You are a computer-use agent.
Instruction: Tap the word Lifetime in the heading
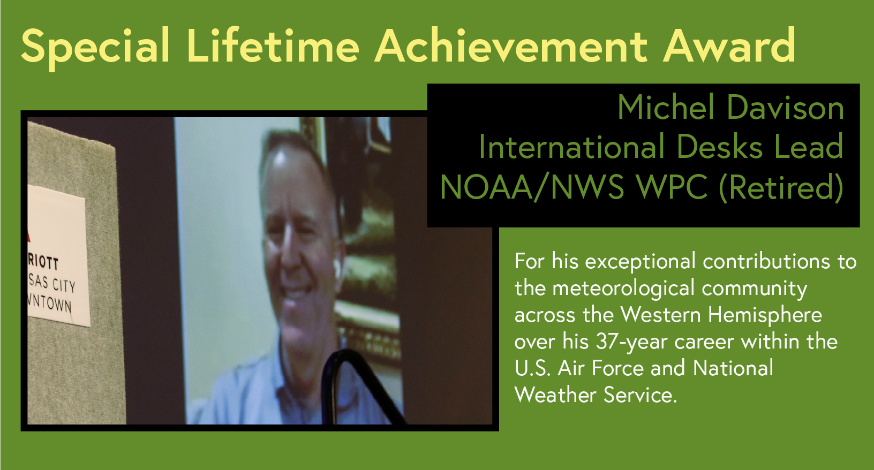click(x=273, y=46)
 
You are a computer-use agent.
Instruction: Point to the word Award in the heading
click(x=729, y=46)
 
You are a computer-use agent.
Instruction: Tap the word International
click(x=571, y=147)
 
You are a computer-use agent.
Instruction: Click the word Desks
click(x=719, y=147)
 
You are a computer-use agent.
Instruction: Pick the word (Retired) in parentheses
click(x=781, y=187)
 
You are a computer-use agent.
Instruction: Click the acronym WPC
click(x=672, y=187)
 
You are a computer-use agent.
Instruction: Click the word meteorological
click(x=623, y=289)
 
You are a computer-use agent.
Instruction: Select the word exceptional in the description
click(x=641, y=262)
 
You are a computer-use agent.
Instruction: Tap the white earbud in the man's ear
click(x=336, y=269)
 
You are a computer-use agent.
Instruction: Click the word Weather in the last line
click(x=555, y=395)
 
